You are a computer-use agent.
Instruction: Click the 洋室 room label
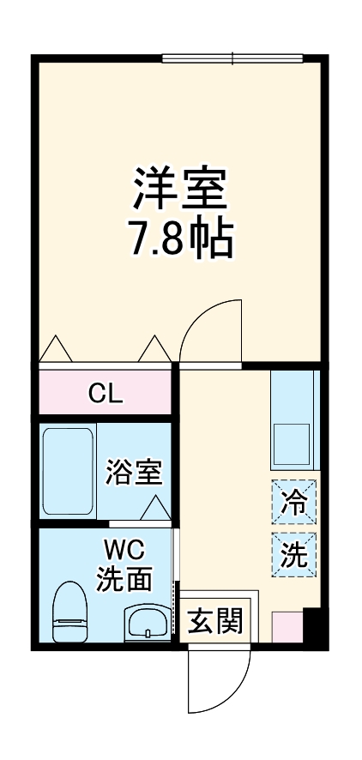[180, 189]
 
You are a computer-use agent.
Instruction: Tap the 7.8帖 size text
[180, 241]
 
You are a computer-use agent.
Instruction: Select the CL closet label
[106, 395]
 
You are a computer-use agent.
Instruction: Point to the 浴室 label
[133, 472]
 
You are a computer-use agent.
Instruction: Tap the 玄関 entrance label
[214, 620]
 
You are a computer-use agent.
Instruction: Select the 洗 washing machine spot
[295, 555]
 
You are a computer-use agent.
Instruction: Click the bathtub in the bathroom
[67, 471]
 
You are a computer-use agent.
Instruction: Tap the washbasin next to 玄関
[148, 623]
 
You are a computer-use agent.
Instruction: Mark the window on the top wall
[232, 59]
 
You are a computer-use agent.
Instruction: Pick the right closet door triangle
[154, 348]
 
